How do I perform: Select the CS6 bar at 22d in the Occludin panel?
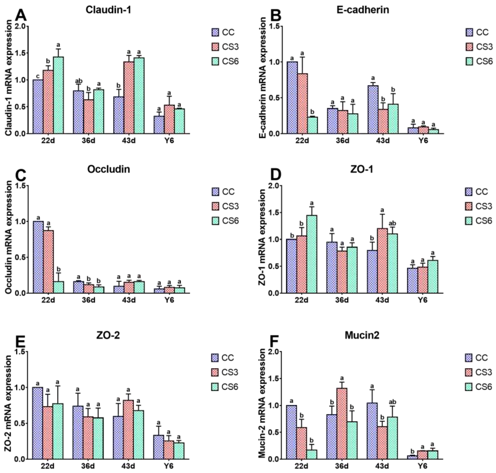point(58,287)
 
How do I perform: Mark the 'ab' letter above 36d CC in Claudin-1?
point(78,81)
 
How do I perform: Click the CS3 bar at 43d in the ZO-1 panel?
point(382,261)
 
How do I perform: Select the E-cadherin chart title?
point(363,10)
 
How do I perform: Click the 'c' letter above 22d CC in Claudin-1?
point(38,76)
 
